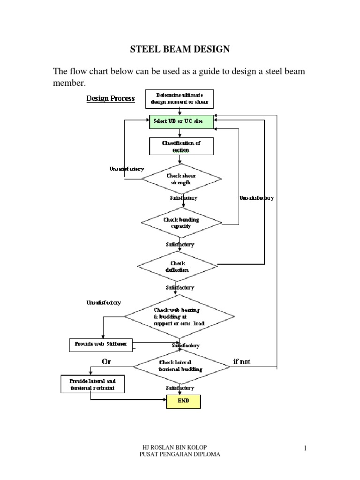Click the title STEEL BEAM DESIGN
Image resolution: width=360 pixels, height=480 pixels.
pyautogui.click(x=180, y=48)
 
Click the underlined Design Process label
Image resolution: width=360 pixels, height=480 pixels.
pyautogui.click(x=110, y=98)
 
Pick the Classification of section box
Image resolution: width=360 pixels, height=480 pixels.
pyautogui.click(x=181, y=146)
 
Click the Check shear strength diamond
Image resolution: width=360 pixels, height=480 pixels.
pyautogui.click(x=181, y=179)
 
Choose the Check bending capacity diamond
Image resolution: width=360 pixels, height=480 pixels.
pyautogui.click(x=180, y=223)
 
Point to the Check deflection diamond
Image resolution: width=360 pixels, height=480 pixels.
pyautogui.click(x=177, y=266)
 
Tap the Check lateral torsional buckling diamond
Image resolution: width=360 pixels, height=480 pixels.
pyautogui.click(x=180, y=365)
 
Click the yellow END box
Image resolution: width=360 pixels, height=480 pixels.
pyautogui.click(x=183, y=402)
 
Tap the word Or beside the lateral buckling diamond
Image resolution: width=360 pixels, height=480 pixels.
pyautogui.click(x=107, y=361)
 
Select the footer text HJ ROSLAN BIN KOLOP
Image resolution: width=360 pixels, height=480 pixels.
pyautogui.click(x=180, y=448)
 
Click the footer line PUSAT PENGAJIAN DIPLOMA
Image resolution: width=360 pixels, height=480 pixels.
pyautogui.click(x=180, y=455)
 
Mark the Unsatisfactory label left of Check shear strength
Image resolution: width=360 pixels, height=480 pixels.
pyautogui.click(x=127, y=169)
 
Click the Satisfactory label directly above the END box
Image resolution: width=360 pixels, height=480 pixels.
pyautogui.click(x=180, y=388)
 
